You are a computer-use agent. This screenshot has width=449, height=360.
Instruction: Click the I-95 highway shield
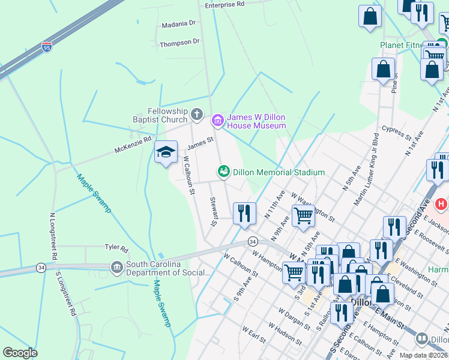click(47, 46)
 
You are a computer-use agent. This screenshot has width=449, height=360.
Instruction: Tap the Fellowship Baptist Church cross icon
click(196, 114)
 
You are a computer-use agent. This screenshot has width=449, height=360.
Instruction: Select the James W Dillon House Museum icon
click(217, 121)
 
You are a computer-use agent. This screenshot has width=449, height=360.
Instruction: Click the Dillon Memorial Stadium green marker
click(224, 172)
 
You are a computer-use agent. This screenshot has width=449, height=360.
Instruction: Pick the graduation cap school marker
click(166, 152)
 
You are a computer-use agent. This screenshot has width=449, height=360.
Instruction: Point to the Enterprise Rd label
click(224, 4)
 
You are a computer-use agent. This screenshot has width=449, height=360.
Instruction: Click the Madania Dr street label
click(179, 24)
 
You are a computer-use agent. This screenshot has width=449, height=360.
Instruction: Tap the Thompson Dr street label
click(179, 43)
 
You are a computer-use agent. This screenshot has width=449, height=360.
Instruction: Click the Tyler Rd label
click(116, 248)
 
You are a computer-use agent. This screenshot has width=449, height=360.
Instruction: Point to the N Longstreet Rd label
click(53, 236)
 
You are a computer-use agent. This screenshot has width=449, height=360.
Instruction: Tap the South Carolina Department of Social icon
click(116, 266)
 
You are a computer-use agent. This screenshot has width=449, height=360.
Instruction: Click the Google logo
click(20, 353)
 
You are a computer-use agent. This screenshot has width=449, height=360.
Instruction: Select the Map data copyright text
click(423, 355)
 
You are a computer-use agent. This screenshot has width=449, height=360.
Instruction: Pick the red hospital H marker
click(441, 205)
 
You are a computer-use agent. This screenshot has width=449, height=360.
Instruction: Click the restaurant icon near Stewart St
click(244, 214)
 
